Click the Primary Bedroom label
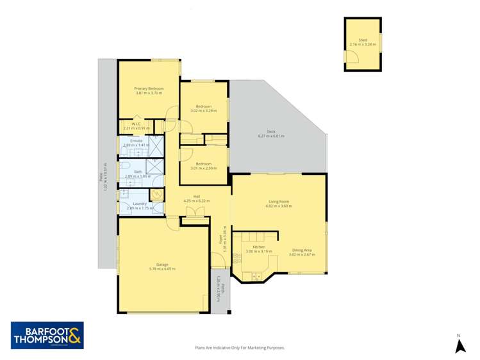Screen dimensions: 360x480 coord(149,88)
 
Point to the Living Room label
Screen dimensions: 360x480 coord(279,201)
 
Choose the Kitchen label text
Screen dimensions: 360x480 coord(259,247)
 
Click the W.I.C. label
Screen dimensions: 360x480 coord(137,124)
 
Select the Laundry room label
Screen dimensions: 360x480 coord(140,204)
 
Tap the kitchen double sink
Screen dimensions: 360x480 coord(255,276)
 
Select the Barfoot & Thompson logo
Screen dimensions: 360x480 coord(47,336)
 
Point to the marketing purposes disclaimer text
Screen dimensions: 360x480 coord(239,348)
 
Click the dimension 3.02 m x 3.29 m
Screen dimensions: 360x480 coord(203,110)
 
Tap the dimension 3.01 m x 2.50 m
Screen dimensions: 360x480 coord(204,168)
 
